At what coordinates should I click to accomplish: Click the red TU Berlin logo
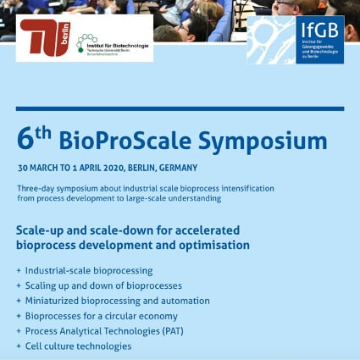click(44, 39)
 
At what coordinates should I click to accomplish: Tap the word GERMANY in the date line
click(178, 168)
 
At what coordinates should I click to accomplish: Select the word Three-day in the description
click(34, 187)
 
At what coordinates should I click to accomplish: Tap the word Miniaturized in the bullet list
click(57, 301)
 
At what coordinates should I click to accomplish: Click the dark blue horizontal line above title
click(180, 108)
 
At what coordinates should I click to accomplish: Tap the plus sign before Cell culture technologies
click(18, 346)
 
